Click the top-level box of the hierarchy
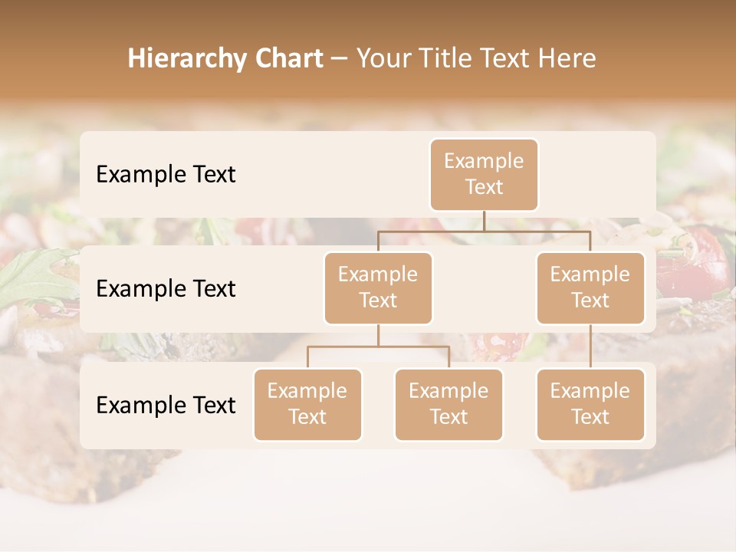point(484,174)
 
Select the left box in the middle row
point(378,287)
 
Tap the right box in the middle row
point(590,287)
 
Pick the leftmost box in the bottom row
point(307,404)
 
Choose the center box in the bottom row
point(449,404)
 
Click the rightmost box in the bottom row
point(590,404)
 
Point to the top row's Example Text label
point(166,175)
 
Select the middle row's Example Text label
point(166,289)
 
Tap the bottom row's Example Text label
point(166,406)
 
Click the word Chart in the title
point(284,58)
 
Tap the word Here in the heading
point(567,58)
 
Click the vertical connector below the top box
point(484,221)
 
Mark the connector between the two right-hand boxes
point(590,347)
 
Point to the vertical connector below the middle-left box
point(378,335)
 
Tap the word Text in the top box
point(484,187)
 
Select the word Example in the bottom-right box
point(590,391)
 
